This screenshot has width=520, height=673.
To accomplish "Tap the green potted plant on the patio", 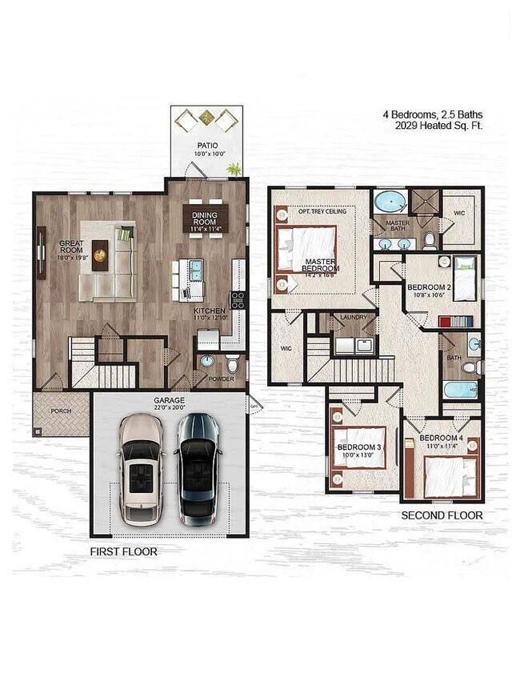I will point(234,169).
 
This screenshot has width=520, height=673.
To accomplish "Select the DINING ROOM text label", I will point(206,218).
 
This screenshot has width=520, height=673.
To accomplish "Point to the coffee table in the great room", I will point(100,255).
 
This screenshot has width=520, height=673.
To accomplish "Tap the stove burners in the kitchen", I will point(238,299).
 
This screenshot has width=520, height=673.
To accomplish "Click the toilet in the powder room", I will point(232,364).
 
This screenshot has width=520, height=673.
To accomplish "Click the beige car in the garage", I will point(140,467).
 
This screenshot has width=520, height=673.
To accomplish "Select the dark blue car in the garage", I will point(198,467).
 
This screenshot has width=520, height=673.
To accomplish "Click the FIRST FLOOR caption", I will point(123,551).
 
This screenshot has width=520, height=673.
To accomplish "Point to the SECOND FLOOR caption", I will point(442,515).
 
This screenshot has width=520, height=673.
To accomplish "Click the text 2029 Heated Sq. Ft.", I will point(438,126).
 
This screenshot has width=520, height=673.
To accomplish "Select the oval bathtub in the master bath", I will point(390,201).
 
